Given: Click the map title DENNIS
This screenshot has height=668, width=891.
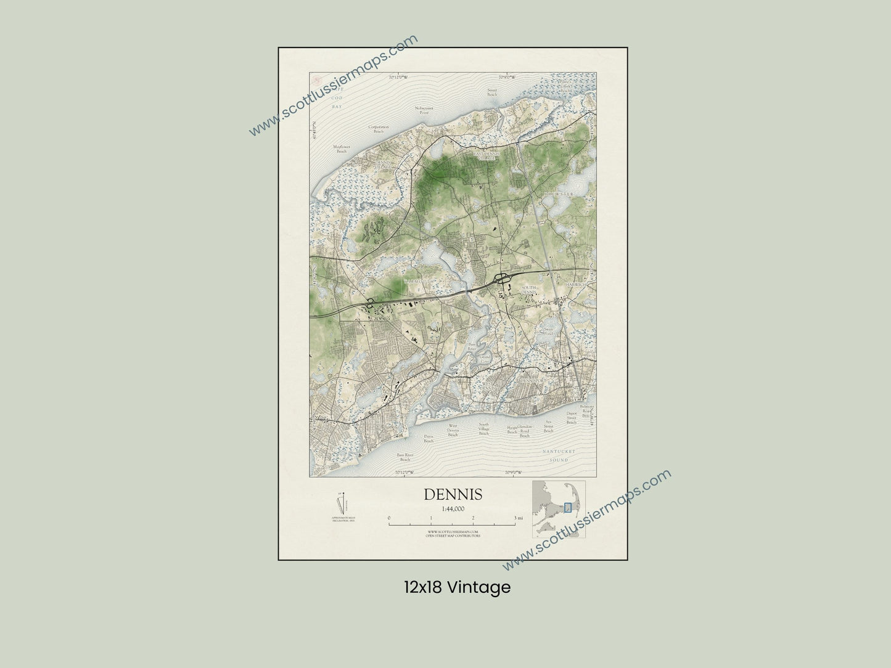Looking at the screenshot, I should tap(453, 495).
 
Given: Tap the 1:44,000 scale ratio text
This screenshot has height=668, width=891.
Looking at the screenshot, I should tap(453, 508).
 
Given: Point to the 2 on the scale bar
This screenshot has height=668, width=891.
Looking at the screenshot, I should tap(473, 518).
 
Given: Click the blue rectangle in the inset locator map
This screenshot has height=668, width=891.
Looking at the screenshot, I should tap(568, 507).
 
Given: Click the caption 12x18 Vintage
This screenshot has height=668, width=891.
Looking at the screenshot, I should tap(457, 587).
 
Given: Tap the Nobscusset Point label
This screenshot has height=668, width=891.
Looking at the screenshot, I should tap(424, 110).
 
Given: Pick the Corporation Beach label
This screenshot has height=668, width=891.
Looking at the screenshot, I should tap(379, 129).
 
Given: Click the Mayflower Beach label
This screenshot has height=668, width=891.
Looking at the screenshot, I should tap(342, 149).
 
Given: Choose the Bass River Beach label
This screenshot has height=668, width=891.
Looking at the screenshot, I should tap(404, 457).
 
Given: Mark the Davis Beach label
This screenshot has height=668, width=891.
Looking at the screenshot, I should tap(429, 438).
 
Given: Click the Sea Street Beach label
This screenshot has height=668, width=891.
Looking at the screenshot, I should tap(548, 425).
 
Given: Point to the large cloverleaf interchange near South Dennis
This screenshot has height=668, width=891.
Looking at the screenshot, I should tap(503, 278).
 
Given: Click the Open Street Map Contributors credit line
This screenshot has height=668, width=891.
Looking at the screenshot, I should tap(453, 536).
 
